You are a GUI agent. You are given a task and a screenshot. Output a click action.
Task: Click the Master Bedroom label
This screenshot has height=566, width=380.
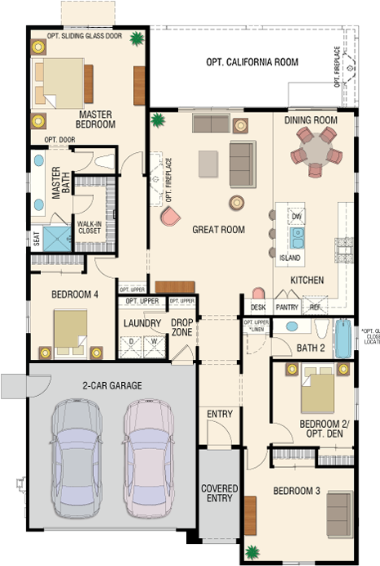pyautogui.click(x=96, y=119)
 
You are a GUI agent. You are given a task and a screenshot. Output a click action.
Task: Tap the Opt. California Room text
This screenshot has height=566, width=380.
pyautogui.click(x=252, y=62)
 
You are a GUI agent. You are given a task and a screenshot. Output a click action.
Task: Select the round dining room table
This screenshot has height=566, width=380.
pyautogui.click(x=315, y=151)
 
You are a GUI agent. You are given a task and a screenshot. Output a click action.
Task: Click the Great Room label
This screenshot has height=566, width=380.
pyautogui.click(x=218, y=230)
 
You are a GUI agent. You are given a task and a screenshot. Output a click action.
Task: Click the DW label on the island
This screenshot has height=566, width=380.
pyautogui.click(x=297, y=217)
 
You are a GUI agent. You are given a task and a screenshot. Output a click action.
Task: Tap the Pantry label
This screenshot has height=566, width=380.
pyautogui.click(x=287, y=308)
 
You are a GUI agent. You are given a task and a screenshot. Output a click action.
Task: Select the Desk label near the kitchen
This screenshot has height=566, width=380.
pyautogui.click(x=258, y=308)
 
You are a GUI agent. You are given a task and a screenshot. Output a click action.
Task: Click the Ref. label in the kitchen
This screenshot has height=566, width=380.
pyautogui.click(x=315, y=308)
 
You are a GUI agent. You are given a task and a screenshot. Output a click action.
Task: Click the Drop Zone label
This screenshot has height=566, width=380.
pyautogui.click(x=181, y=328)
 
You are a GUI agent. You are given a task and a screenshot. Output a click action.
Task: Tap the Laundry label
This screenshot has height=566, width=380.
pyautogui.click(x=142, y=323)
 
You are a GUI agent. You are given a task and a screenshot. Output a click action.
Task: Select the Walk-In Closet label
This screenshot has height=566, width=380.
pyautogui.click(x=88, y=227)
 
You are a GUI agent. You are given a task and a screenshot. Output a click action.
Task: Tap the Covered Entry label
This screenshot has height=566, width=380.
pyautogui.click(x=219, y=494)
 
